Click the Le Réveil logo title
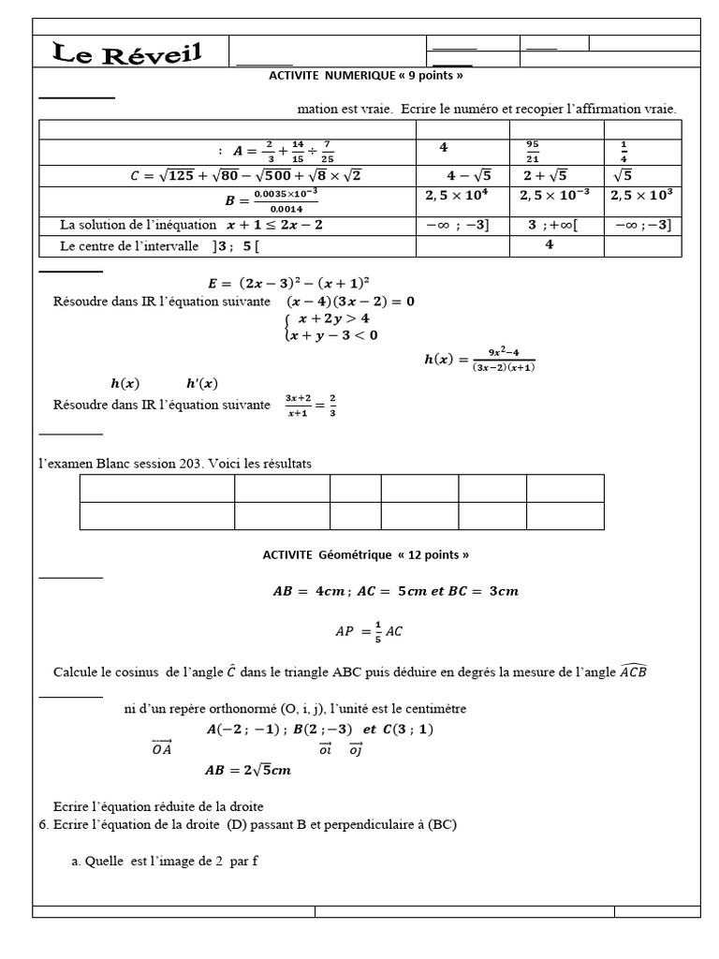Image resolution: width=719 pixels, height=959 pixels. coord(127,52)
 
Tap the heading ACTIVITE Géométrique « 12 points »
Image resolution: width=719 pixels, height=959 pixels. coord(365,554)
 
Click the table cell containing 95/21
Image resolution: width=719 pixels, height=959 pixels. coord(533,150)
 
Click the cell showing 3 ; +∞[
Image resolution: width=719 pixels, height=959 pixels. coord(552,225)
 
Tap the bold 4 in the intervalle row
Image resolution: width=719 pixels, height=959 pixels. coord(550,245)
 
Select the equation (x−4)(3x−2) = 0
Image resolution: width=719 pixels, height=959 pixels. coord(350,302)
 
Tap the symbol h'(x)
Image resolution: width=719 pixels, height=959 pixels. coord(201,383)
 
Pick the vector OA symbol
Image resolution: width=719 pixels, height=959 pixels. coord(161,747)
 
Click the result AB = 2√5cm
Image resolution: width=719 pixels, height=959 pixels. coord(248,771)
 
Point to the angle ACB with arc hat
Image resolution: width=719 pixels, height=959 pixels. coord(633,671)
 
